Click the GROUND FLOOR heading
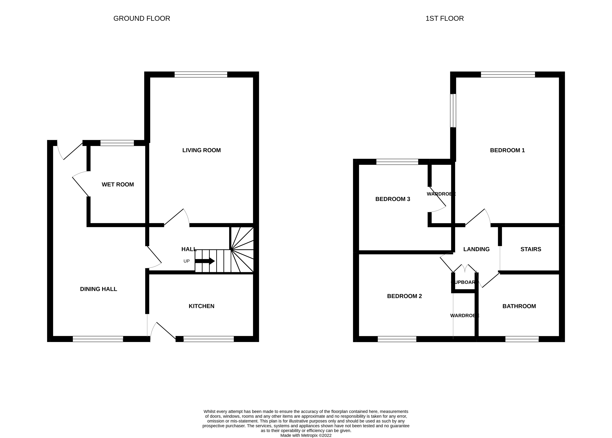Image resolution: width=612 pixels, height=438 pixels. (x=142, y=18)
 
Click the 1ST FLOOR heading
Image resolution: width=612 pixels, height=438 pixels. (x=444, y=18)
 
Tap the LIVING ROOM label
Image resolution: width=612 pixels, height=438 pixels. (x=202, y=150)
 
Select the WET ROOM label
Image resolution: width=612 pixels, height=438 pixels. (x=118, y=184)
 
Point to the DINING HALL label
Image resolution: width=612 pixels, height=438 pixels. (x=98, y=289)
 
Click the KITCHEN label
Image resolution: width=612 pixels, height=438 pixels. (x=202, y=306)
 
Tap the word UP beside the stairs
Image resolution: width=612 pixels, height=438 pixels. (x=186, y=261)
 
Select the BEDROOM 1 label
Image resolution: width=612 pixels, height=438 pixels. (x=507, y=150)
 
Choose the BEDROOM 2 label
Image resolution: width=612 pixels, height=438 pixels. (x=404, y=296)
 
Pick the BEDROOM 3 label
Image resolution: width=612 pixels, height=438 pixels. (x=393, y=199)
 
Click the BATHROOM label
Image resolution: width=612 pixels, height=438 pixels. (x=519, y=306)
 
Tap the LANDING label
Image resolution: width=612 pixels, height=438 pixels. (x=476, y=249)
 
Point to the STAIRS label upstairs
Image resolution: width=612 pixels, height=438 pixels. (x=531, y=249)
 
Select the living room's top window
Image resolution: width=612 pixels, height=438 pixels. (x=201, y=75)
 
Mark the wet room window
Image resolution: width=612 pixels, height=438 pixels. (x=117, y=143)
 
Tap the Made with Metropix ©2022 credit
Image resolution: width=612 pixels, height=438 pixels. (x=306, y=435)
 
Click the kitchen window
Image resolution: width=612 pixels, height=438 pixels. (x=209, y=339)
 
